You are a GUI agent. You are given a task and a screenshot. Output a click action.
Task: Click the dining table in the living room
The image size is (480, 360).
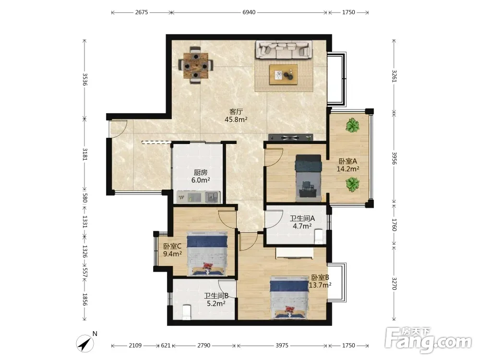pos(196,65)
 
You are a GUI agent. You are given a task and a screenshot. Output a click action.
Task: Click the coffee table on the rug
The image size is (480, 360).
pos(283,74)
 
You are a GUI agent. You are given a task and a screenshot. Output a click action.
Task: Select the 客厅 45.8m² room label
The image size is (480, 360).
pos(236,116)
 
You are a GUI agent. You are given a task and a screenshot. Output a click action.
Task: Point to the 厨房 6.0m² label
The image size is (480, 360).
pos(201,176)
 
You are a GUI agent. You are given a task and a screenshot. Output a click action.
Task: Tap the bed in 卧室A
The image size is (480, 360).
pos(308,178)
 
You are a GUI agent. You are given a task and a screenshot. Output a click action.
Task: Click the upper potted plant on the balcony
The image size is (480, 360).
pos(352,125)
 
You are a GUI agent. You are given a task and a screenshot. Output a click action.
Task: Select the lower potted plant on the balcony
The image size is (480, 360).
pos(352,185)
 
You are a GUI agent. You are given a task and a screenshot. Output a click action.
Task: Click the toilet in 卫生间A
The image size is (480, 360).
pos(319,237)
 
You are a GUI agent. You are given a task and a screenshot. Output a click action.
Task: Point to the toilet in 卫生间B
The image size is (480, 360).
pos(186,312)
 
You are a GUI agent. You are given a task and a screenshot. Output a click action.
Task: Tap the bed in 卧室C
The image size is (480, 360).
pos(207,253)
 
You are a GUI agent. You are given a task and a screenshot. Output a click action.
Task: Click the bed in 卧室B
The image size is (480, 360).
pos(289,298)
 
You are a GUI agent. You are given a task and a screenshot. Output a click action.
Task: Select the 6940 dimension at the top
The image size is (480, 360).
pos(249,12)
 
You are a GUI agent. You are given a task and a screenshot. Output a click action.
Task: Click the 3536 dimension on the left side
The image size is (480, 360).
pos(85,79)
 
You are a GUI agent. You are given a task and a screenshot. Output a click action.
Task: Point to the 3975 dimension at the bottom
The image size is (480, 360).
pos(282,345)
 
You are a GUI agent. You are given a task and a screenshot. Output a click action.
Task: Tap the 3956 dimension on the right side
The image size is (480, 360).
pos(394,158)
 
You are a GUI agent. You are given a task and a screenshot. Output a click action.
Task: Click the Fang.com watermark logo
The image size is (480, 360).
pos(429,340)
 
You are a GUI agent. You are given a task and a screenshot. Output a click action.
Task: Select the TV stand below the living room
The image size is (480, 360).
pos(290,138)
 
